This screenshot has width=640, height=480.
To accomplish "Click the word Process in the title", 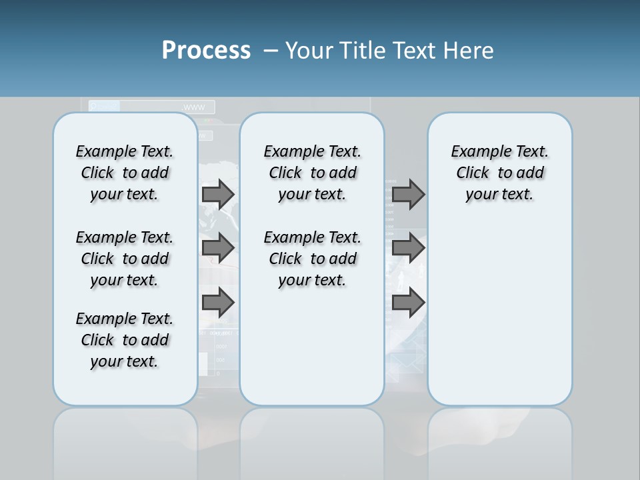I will [x=206, y=50].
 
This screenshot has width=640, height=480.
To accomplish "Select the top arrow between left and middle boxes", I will [x=218, y=194].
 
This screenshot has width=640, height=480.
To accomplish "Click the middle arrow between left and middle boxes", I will [x=218, y=248].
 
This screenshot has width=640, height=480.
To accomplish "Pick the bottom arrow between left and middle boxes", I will [x=218, y=303].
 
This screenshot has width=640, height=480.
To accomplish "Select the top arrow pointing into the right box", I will [x=408, y=194].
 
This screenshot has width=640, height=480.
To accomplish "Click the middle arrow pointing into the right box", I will [x=408, y=248].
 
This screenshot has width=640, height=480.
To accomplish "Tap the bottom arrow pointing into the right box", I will [x=408, y=303].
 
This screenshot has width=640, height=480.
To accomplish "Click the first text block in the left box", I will [x=125, y=173].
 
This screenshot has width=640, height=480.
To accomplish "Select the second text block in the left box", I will [x=125, y=259].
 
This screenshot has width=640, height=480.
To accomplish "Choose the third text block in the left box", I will [x=125, y=340].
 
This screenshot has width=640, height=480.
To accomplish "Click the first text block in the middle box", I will [x=312, y=173].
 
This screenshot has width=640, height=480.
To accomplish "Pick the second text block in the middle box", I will [x=312, y=259].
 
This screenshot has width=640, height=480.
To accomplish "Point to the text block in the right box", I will [x=500, y=173].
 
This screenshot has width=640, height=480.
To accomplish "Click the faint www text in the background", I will [x=194, y=107].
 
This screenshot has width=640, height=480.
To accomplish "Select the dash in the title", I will [x=271, y=50].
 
